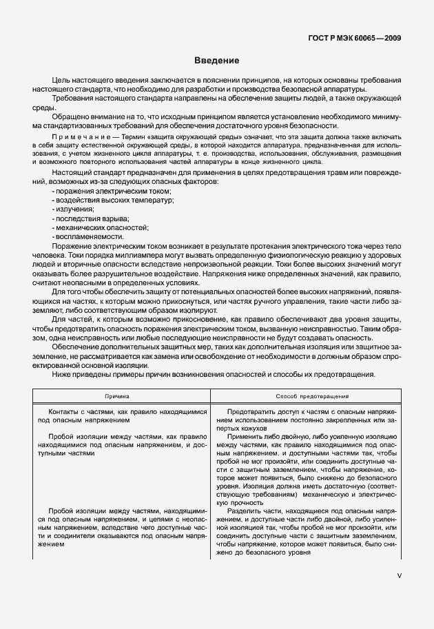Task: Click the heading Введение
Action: pyautogui.click(x=216, y=61)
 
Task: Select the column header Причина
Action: pyautogui.click(x=121, y=397)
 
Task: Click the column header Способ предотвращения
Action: pyautogui.click(x=311, y=397)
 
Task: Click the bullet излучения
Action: pyautogui.click(x=72, y=209)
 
